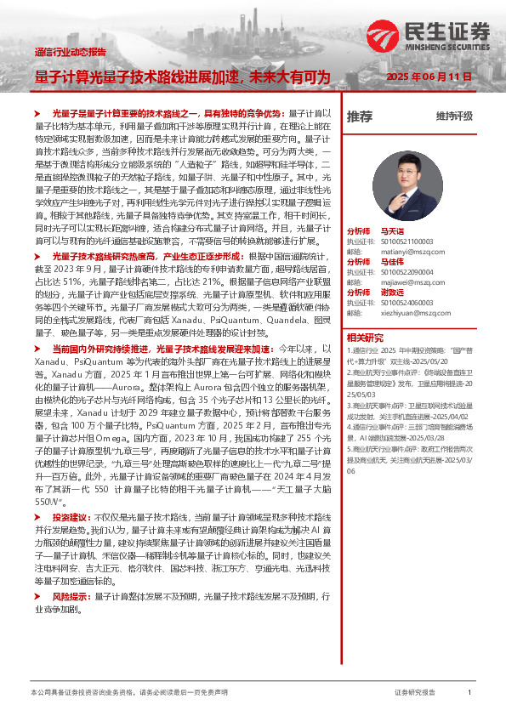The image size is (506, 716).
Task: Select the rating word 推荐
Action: (x=359, y=116)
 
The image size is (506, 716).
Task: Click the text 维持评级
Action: (x=454, y=116)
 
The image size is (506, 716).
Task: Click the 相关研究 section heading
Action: (x=365, y=337)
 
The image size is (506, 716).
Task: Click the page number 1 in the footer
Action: (x=470, y=694)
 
